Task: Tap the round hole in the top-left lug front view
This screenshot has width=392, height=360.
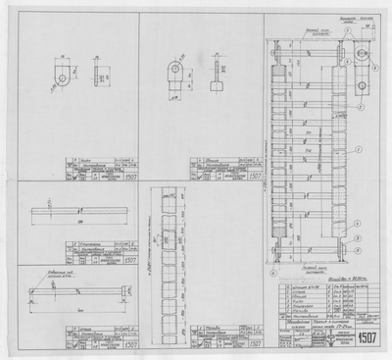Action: tap(62, 76)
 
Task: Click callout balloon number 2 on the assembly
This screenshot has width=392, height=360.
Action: tap(361, 104)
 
